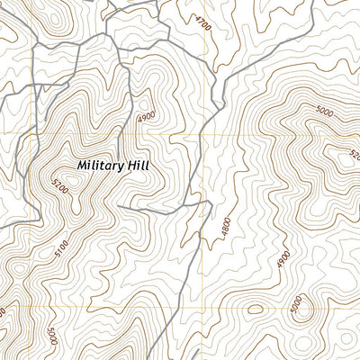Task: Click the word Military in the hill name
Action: (101, 166)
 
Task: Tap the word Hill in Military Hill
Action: (138, 166)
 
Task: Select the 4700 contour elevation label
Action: (202, 23)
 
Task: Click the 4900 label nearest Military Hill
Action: (146, 118)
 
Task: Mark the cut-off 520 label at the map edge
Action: (353, 154)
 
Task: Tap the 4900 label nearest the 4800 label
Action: (284, 259)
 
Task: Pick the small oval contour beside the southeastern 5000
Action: (256, 310)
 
